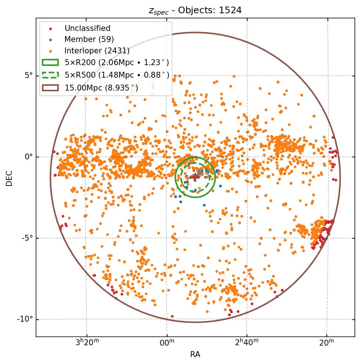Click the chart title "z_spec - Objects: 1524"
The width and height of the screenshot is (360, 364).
point(195,10)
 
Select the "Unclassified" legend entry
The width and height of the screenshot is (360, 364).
point(87,28)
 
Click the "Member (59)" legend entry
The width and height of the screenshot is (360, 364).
point(89,39)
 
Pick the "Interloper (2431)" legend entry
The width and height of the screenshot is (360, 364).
point(97,51)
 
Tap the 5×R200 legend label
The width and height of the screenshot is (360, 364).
point(117,63)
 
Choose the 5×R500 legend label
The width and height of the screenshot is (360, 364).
point(117,75)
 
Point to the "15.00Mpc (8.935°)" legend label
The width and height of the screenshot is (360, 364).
point(101,88)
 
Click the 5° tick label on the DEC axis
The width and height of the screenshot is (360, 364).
point(29,75)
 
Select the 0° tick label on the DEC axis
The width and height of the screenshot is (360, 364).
point(29,157)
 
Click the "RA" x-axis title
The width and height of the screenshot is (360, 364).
point(195,354)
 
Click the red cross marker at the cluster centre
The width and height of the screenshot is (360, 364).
point(195,177)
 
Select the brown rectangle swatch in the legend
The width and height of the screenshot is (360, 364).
point(50,88)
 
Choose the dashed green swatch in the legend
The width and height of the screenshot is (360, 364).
point(50,75)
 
